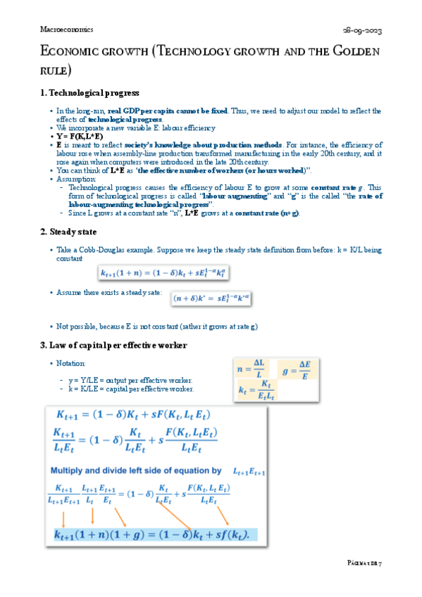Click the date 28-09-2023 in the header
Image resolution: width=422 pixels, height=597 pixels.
[x=364, y=32]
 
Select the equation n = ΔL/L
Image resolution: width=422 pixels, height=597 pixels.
[x=251, y=370]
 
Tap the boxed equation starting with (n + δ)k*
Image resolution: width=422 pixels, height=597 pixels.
[x=211, y=298]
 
